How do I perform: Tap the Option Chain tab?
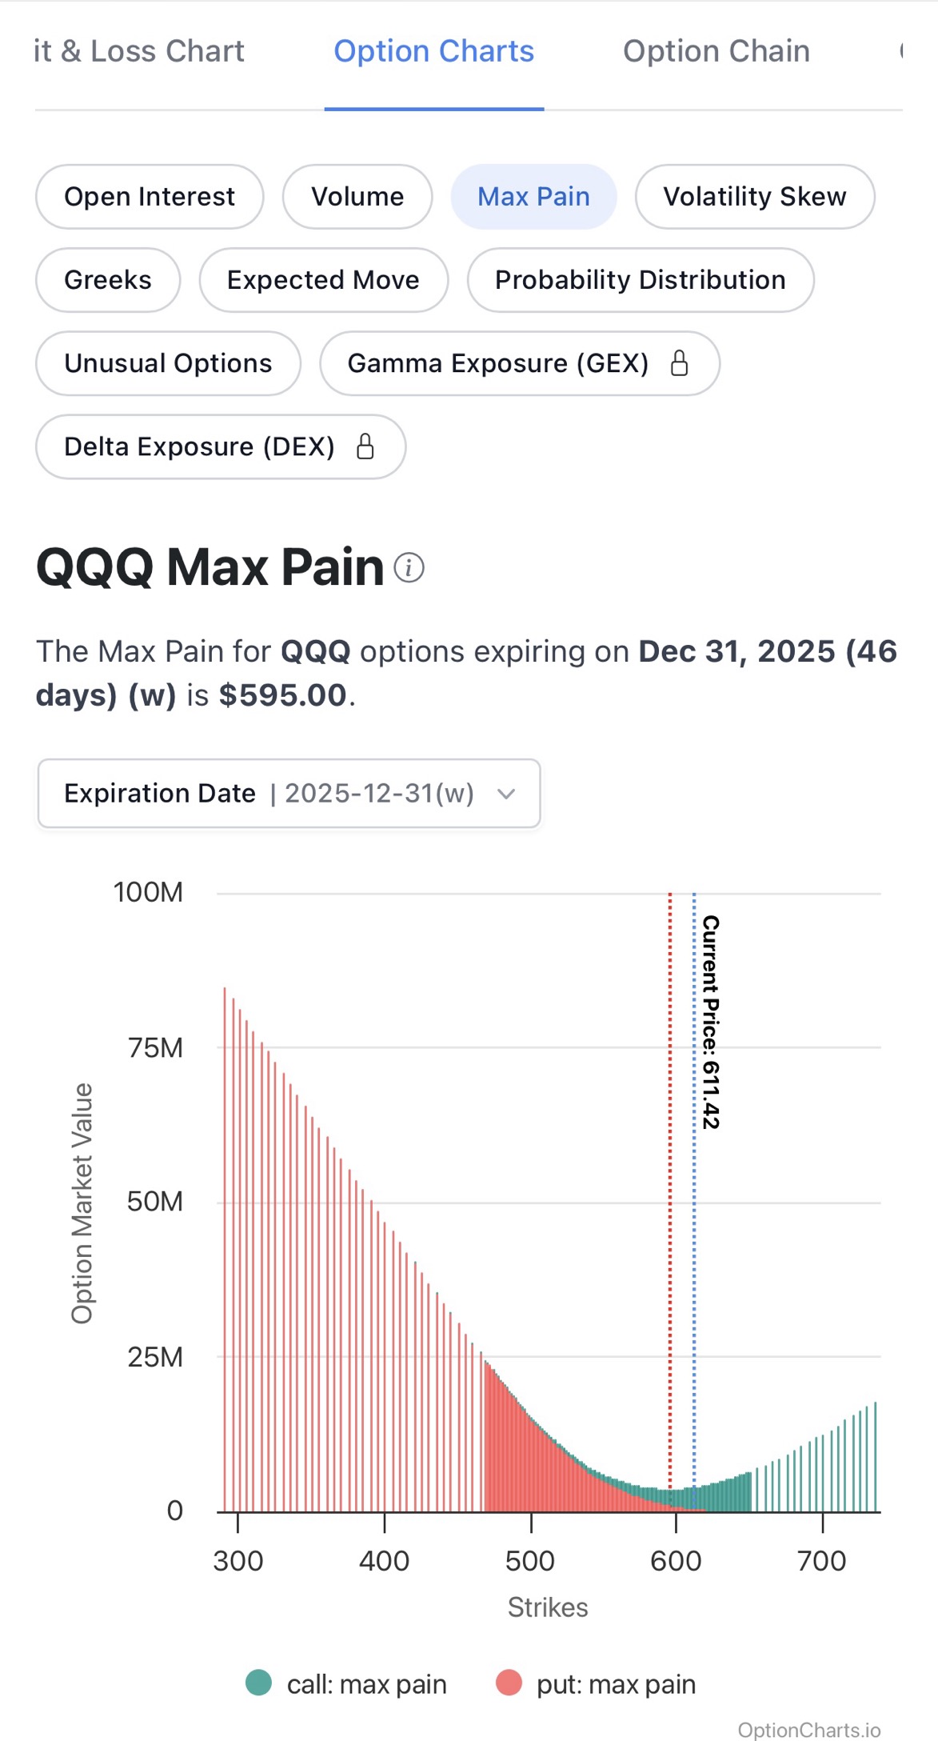click(x=716, y=51)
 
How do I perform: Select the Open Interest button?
click(x=150, y=197)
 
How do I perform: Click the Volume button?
click(x=357, y=197)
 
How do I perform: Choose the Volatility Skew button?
click(x=754, y=197)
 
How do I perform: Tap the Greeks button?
click(x=108, y=280)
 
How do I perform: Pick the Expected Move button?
click(x=323, y=280)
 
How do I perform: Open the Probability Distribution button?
click(x=640, y=280)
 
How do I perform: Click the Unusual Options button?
click(x=168, y=363)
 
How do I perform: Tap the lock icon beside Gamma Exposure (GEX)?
click(x=679, y=363)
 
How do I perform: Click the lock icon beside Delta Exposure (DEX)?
click(x=365, y=446)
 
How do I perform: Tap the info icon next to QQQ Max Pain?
click(x=409, y=568)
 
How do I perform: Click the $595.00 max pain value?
click(x=282, y=694)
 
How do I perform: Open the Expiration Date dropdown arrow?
click(x=505, y=794)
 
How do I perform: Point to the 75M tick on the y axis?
click(x=155, y=1047)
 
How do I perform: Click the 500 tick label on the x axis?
click(x=530, y=1560)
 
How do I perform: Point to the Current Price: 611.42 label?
click(x=711, y=1022)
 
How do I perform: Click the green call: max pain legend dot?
click(x=258, y=1683)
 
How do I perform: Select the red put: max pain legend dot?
click(x=509, y=1683)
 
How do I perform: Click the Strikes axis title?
click(x=548, y=1607)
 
